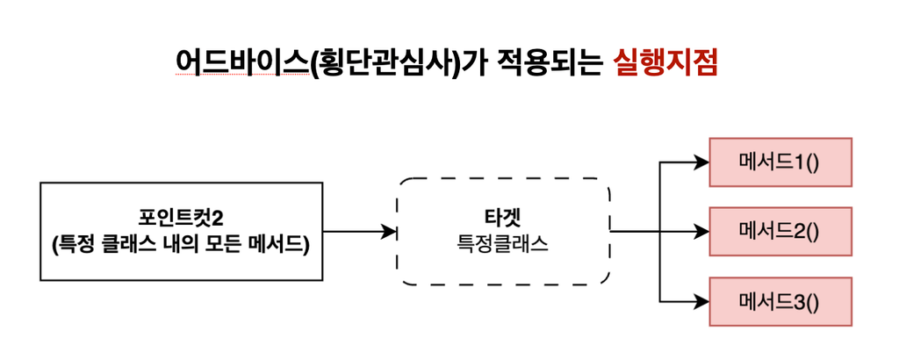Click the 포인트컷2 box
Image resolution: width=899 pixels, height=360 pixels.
click(181, 232)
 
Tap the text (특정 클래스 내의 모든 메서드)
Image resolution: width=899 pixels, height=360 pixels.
click(181, 245)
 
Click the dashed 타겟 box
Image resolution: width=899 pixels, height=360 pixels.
click(504, 232)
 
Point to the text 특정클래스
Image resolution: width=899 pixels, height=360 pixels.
click(504, 245)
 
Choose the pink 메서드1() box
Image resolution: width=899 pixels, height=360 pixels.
click(780, 162)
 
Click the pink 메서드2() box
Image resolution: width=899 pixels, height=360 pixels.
click(780, 232)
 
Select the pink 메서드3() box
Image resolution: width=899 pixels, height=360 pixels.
click(780, 302)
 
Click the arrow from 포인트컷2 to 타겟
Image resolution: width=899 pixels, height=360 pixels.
click(355, 232)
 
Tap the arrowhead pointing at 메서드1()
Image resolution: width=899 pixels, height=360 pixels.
click(701, 162)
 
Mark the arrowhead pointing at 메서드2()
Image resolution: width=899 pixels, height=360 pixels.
click(701, 232)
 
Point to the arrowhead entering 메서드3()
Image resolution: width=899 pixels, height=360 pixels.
click(701, 302)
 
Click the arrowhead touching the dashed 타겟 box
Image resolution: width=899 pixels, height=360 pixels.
click(391, 232)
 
